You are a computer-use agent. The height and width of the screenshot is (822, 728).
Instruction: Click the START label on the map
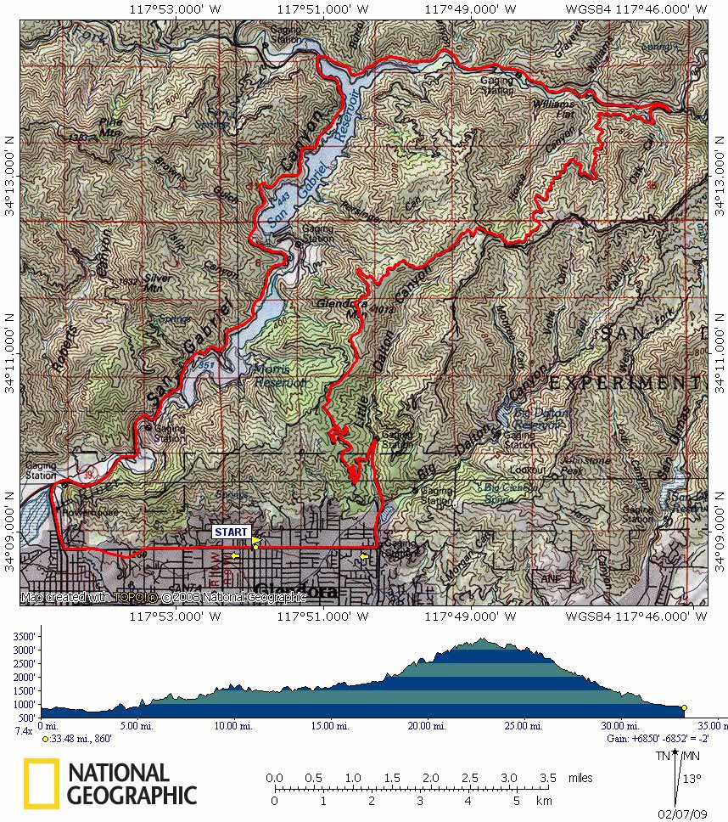click(x=232, y=532)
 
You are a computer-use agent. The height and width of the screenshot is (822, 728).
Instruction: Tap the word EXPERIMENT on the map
click(x=625, y=384)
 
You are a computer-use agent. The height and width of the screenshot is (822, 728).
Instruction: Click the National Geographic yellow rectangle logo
click(x=41, y=783)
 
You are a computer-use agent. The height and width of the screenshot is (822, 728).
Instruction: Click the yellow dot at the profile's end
click(x=684, y=707)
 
